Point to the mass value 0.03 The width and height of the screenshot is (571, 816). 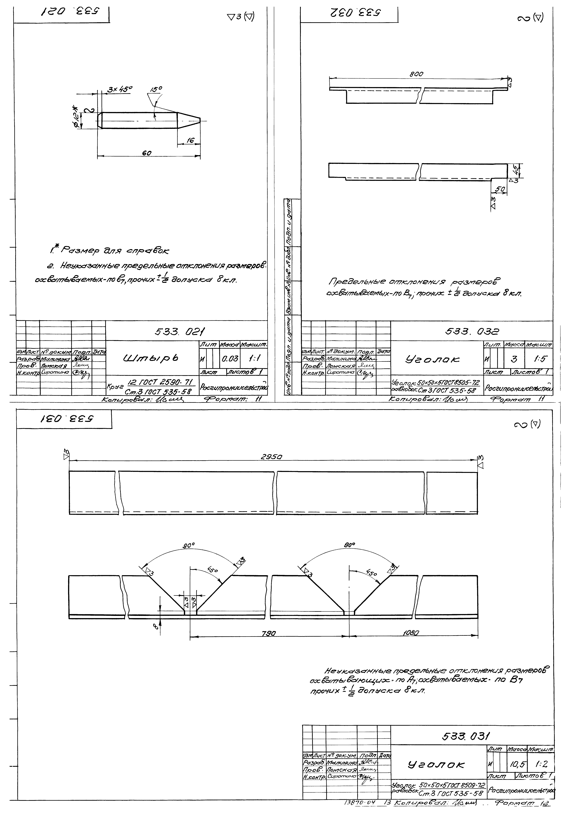(x=230, y=359)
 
